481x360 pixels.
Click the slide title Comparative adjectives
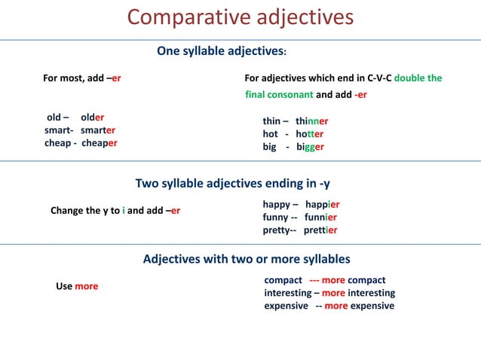(x=240, y=17)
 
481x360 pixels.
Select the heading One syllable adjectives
(x=221, y=51)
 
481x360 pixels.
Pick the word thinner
(x=311, y=121)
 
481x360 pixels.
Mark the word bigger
(x=310, y=147)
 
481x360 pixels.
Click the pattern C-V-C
(x=379, y=78)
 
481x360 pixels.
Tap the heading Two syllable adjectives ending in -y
(x=232, y=183)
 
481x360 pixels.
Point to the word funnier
(x=320, y=217)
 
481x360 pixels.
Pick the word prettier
(x=320, y=230)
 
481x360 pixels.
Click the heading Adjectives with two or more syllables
(x=247, y=259)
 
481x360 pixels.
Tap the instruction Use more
(x=77, y=286)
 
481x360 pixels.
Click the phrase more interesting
(x=358, y=293)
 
